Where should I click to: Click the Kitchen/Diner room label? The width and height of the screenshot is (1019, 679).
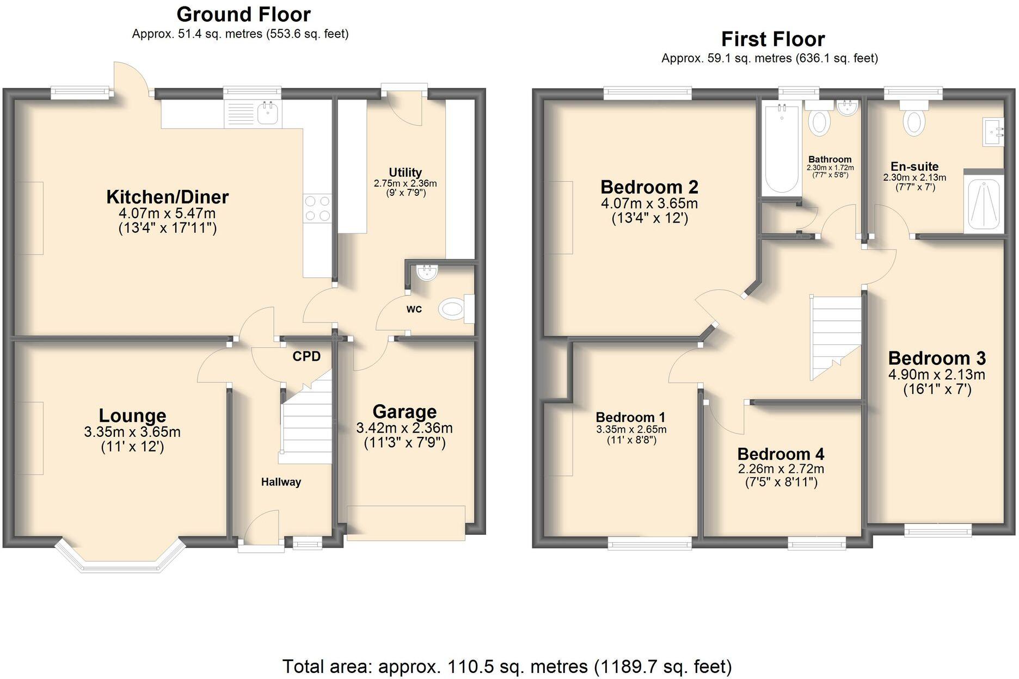(x=167, y=197)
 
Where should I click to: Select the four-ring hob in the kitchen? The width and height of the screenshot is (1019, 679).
(x=317, y=208)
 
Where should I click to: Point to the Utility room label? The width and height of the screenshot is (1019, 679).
(x=405, y=172)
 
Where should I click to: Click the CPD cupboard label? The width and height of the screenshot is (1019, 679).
(x=306, y=356)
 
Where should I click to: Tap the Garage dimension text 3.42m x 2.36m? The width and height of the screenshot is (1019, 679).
(x=404, y=428)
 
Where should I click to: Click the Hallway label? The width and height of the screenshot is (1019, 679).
(x=281, y=482)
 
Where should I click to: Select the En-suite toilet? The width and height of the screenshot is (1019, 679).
(x=914, y=121)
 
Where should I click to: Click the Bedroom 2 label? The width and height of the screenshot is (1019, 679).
(x=649, y=187)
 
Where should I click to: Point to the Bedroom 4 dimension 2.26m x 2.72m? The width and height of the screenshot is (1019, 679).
(x=781, y=469)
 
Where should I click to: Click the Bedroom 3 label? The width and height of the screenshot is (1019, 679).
(x=937, y=359)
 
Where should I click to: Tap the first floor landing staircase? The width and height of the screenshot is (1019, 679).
(x=836, y=335)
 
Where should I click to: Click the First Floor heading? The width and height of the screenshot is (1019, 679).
(x=772, y=39)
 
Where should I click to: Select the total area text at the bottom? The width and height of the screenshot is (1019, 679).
(x=507, y=666)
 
